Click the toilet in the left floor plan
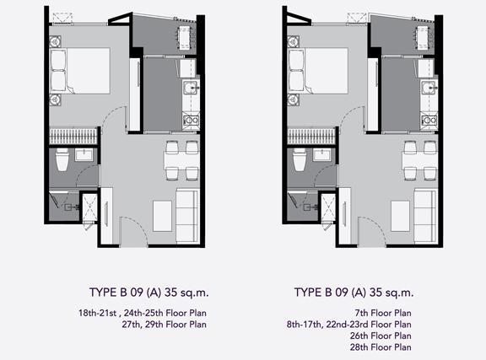[62, 159]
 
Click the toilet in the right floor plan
[300, 159]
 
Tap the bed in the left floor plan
[80, 71]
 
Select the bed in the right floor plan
[318, 71]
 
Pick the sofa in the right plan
[425, 216]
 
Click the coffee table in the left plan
[162, 216]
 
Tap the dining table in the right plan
[420, 160]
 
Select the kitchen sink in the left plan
[191, 88]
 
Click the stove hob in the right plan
[429, 120]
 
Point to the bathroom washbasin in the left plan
[84, 154]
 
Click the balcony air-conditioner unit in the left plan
[185, 38]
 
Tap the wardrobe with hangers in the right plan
[311, 137]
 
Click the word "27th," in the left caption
[131, 325]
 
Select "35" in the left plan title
[170, 293]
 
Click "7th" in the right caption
[362, 314]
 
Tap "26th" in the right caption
[359, 336]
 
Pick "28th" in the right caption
[359, 347]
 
